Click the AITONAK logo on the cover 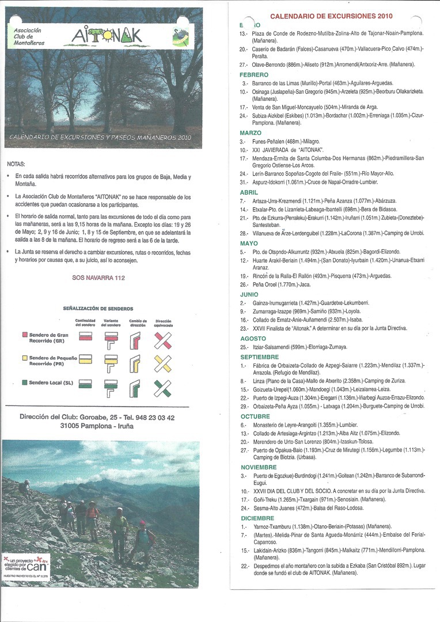click(107, 36)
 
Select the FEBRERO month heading click(254, 75)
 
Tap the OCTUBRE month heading click(255, 416)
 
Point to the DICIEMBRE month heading click(257, 518)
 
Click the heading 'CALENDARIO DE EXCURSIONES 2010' click(331, 16)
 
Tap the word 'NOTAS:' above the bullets click(16, 164)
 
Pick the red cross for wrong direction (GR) click(163, 341)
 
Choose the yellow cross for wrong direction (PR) click(163, 363)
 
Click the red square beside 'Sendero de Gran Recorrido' click(25, 335)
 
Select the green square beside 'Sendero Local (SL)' click(25, 382)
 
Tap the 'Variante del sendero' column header click(111, 323)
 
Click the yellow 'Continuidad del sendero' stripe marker click(85, 360)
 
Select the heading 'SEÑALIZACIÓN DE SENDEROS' click(98, 309)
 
